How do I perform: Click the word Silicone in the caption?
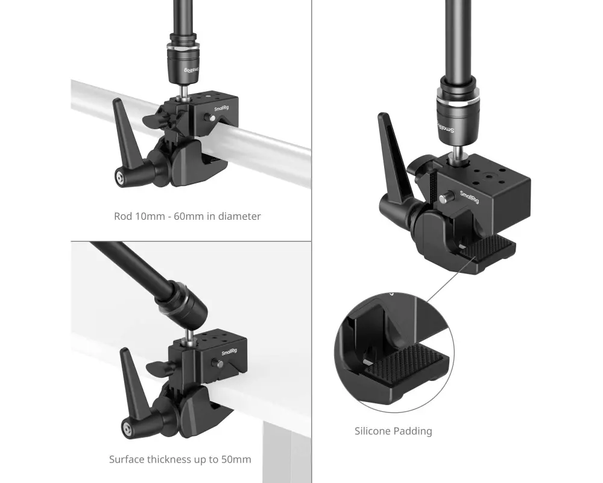pyautogui.click(x=371, y=431)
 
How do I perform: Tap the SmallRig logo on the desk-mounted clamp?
pyautogui.click(x=229, y=352)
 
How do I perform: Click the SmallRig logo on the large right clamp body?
pyautogui.click(x=469, y=197)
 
